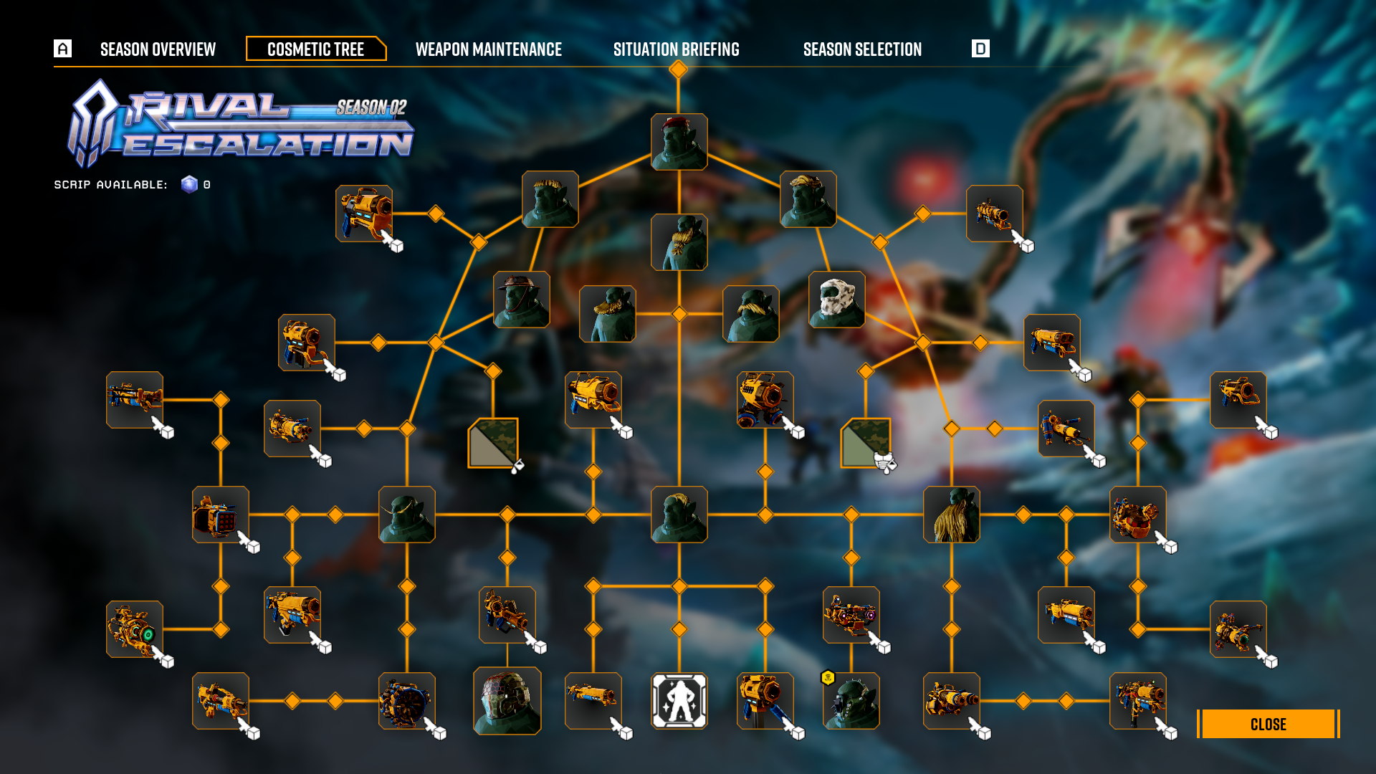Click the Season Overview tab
click(158, 49)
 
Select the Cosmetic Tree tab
click(315, 49)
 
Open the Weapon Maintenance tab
click(488, 49)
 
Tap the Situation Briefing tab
click(676, 49)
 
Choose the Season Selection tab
click(862, 49)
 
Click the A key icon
click(63, 49)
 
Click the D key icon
click(980, 49)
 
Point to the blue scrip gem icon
click(189, 184)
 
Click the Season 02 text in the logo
click(371, 107)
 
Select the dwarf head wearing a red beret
click(679, 142)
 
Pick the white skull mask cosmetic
click(836, 300)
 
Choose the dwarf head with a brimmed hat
click(521, 300)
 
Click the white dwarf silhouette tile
click(679, 701)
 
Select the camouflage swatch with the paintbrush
click(493, 444)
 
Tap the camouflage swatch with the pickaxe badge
click(866, 444)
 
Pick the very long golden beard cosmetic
click(951, 515)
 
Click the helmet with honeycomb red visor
click(507, 701)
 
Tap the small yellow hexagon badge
click(828, 677)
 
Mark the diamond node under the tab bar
click(678, 70)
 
